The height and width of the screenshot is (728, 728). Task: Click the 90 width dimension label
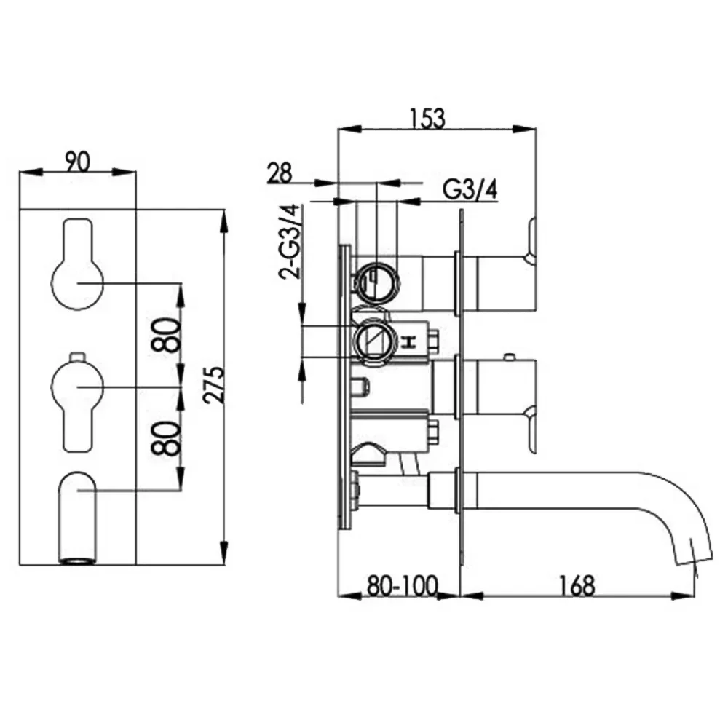coord(77,162)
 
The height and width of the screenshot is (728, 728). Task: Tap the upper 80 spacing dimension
coord(168,335)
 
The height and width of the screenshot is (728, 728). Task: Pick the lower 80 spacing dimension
coord(168,438)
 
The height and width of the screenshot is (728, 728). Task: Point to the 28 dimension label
coord(280,173)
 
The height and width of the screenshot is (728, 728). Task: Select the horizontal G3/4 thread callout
coord(470,189)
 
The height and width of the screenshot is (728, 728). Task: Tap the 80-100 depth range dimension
coord(402,586)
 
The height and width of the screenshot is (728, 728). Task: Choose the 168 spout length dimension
coord(576,586)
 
